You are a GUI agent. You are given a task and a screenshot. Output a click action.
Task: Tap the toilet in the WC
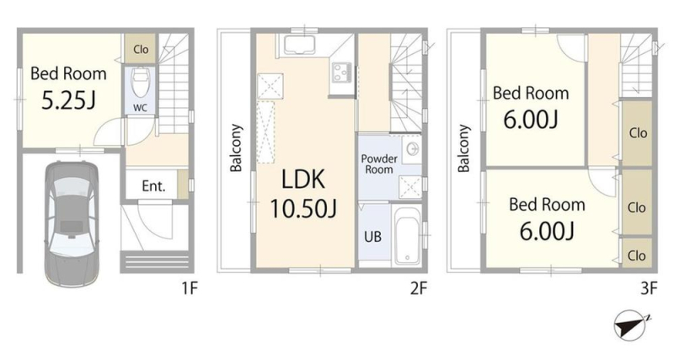point(140,83)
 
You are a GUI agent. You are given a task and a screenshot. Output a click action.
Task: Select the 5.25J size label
point(68,100)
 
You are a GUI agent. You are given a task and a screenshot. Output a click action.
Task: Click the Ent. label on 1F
point(153,186)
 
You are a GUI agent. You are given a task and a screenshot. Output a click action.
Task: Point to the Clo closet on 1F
point(141,50)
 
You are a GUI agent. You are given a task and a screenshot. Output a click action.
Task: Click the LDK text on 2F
point(303,180)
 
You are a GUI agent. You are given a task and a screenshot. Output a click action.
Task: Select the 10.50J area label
point(303,208)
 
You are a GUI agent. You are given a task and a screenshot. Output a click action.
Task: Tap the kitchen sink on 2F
point(297,46)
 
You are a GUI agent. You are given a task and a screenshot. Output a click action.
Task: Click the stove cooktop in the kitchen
point(342,72)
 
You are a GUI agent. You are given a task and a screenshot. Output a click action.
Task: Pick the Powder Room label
point(378,164)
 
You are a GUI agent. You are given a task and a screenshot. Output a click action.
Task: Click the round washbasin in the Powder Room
point(413,149)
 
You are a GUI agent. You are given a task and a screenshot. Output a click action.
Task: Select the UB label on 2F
point(372,237)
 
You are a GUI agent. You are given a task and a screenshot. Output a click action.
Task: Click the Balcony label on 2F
point(236,148)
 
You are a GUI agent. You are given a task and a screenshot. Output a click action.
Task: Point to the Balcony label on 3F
point(463,148)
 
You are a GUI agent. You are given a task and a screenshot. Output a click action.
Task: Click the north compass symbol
point(631,325)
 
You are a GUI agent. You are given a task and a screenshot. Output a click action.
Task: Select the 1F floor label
point(189,288)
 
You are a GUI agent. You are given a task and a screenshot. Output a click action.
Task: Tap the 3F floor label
point(649,288)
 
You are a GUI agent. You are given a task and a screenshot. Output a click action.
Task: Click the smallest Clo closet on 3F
point(637,255)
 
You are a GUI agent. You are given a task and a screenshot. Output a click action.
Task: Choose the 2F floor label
point(419,288)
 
